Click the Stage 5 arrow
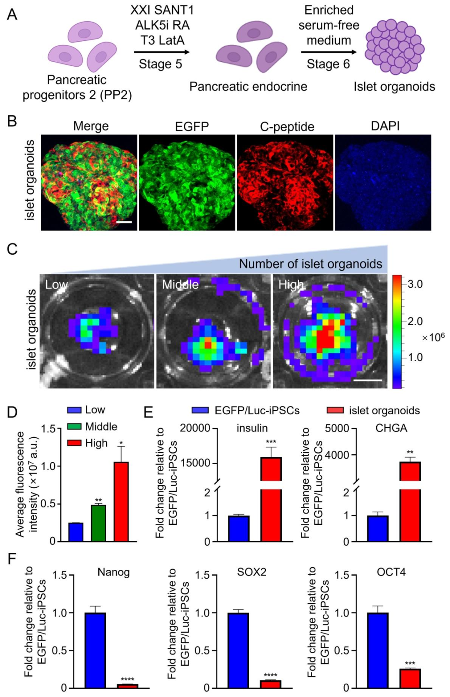(x=162, y=52)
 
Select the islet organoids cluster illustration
(x=394, y=46)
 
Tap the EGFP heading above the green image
(x=192, y=126)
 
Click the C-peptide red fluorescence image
(x=285, y=183)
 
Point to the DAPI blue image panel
(x=383, y=183)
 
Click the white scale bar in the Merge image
(x=124, y=222)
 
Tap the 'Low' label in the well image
(x=56, y=285)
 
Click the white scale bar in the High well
(x=367, y=380)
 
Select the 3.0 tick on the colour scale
(x=415, y=284)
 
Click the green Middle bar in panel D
(x=99, y=523)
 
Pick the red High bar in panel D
(x=121, y=501)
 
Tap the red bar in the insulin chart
(x=271, y=500)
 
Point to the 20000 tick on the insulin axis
(x=195, y=428)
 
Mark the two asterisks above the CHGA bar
(x=410, y=452)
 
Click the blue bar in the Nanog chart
(x=95, y=650)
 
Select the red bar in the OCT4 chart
(x=410, y=678)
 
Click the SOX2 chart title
(x=252, y=572)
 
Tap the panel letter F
(x=12, y=558)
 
